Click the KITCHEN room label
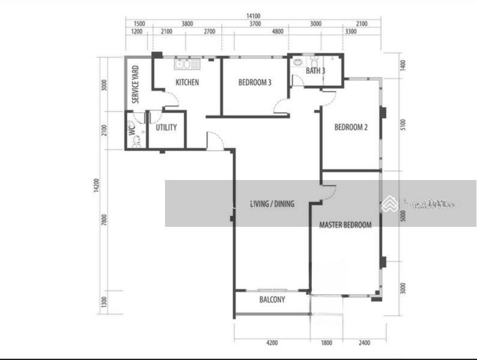coord(187,82)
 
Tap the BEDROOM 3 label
coord(254,82)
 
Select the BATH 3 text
coord(316,71)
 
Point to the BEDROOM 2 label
coord(351,127)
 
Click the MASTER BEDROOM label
coord(345,225)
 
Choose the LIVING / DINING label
coord(272,204)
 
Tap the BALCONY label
coord(272,299)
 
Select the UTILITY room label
coord(166,128)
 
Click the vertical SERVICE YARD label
coord(136,84)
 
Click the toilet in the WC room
coord(136,142)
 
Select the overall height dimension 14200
coord(95,186)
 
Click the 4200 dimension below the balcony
coord(272,343)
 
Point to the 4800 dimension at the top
coord(277,31)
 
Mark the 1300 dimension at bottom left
coord(104,301)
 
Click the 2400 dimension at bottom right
coord(364,343)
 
